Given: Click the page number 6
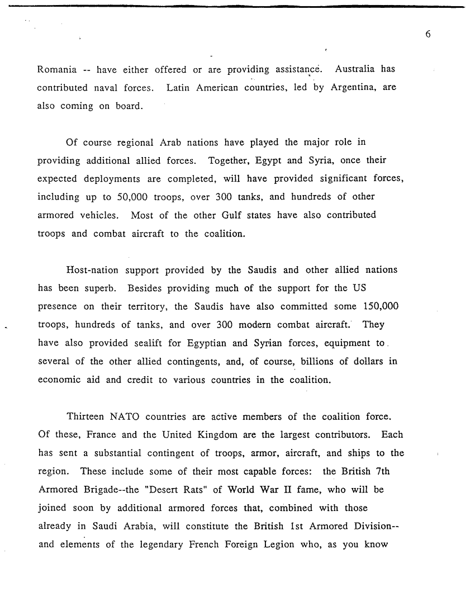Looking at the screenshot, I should coord(427,34).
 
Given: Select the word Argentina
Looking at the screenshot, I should coord(353,88).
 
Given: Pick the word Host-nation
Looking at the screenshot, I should coord(92,270).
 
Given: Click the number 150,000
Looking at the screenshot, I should coord(379,306).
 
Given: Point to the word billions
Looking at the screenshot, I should coord(316,361).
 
